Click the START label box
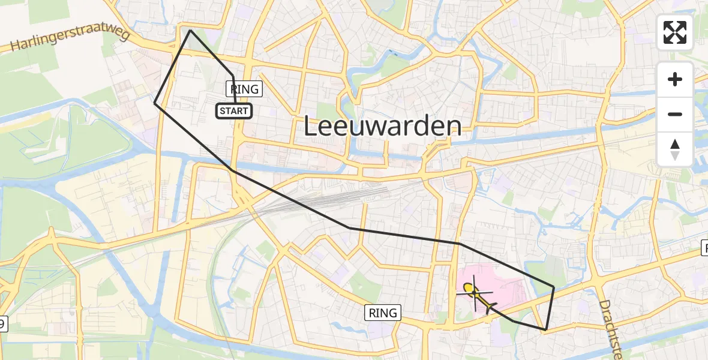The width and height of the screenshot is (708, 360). click(234, 110)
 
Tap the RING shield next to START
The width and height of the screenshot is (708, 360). click(245, 89)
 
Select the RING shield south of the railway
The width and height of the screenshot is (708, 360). click(383, 313)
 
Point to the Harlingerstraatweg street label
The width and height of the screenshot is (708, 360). click(71, 41)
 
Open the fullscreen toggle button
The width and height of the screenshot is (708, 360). click(675, 32)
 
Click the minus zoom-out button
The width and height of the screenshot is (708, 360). click(675, 114)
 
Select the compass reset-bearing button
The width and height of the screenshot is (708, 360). click(675, 149)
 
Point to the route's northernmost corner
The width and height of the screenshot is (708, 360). click(190, 30)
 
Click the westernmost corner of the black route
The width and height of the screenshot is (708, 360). click(155, 103)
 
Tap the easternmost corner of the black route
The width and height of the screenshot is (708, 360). click(554, 286)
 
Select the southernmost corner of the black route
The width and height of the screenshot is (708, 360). click(545, 330)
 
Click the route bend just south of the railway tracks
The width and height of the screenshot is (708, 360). click(350, 228)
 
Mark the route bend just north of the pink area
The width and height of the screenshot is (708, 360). click(460, 244)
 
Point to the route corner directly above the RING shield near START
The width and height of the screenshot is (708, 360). click(233, 76)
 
